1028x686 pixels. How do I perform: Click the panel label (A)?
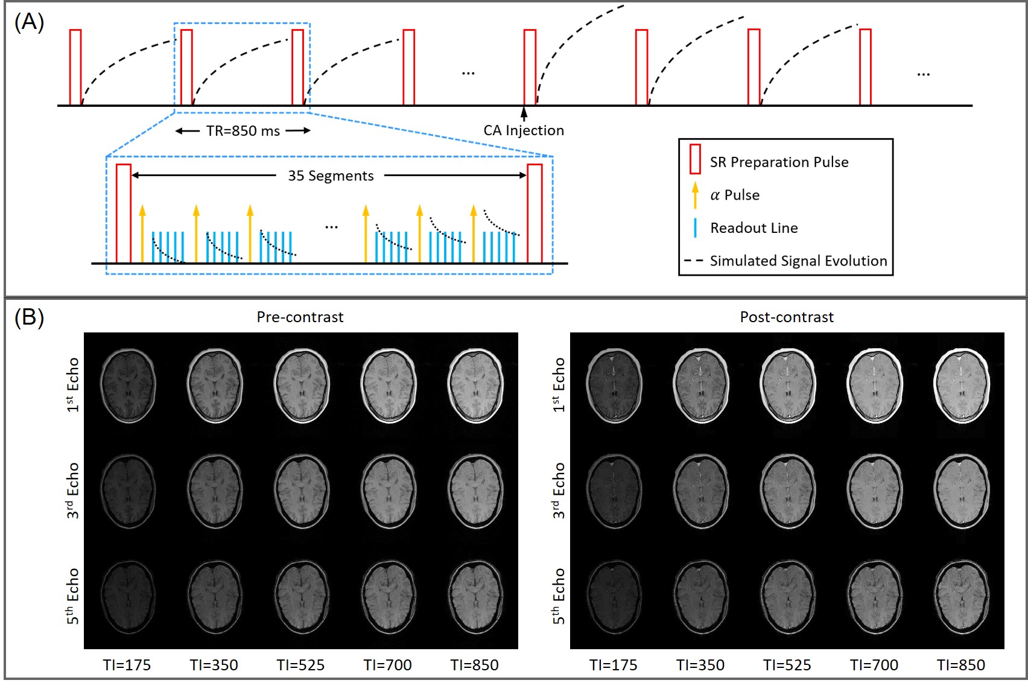point(29,22)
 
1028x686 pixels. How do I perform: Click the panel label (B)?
point(29,317)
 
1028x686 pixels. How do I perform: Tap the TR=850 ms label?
point(243,131)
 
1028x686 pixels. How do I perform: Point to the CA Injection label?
point(524,130)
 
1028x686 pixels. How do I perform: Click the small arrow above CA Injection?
point(524,113)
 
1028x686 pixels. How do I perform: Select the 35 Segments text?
point(331,176)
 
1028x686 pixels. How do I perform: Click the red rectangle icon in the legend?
point(695,159)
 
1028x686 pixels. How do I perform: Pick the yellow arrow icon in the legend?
point(695,194)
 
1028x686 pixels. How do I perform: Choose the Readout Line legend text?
point(754,227)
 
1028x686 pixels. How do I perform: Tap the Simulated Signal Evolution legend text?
point(798,261)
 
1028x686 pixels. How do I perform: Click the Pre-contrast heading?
point(300,317)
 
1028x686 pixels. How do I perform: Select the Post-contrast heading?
point(787,317)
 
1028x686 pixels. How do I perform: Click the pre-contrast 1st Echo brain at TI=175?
point(127,386)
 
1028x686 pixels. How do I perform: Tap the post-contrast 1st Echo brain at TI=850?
point(961,386)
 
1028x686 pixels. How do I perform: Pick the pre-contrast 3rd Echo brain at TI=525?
point(301,491)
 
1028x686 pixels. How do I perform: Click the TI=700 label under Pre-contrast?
point(387,665)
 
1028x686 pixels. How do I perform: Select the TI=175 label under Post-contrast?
point(613,665)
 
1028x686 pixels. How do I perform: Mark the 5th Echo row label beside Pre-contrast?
point(72,596)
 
